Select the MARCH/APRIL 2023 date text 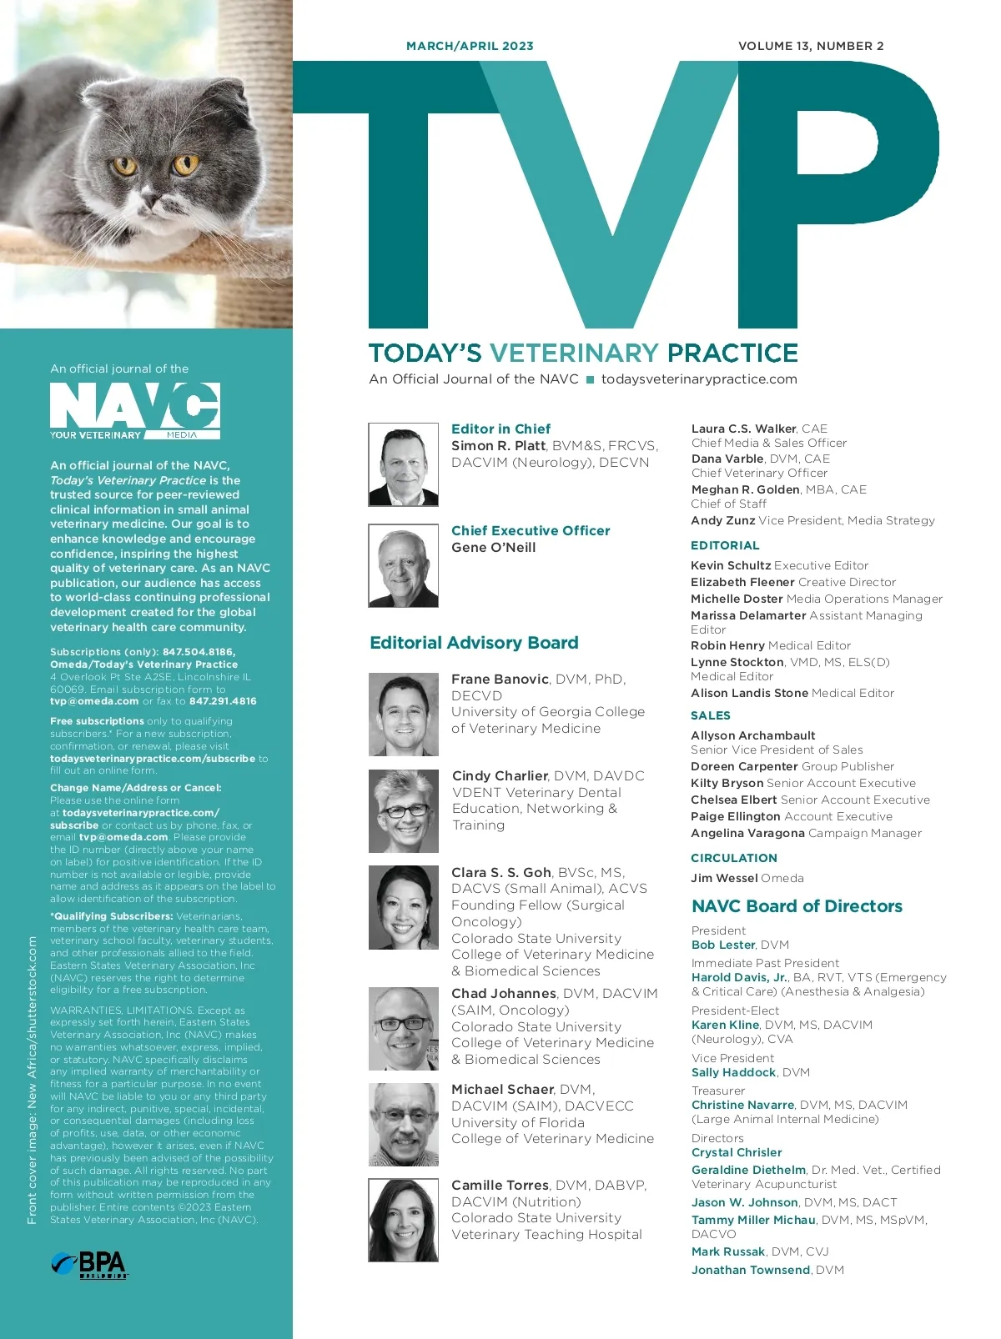point(470,46)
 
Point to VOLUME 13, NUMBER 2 point(811,46)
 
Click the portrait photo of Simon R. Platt point(403,464)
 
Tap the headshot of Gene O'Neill point(403,565)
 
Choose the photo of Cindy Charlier point(403,810)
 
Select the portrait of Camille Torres point(403,1219)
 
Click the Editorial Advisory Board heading point(474,643)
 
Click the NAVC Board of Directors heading point(797,906)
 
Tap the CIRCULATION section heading point(734,858)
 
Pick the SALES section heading point(711,715)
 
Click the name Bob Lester point(723,945)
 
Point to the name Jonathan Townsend point(751,1270)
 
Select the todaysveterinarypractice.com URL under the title point(699,379)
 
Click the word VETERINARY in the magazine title point(575,353)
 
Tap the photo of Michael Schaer point(403,1124)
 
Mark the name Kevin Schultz point(731,565)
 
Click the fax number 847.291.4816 point(223,701)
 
